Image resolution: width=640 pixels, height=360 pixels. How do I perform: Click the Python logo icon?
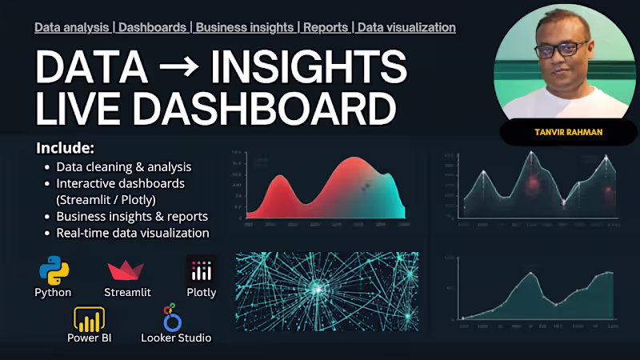53,270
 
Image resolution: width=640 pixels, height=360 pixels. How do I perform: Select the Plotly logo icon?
201,270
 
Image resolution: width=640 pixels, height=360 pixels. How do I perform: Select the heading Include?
65,148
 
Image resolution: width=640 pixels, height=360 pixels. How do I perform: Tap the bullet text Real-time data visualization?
133,233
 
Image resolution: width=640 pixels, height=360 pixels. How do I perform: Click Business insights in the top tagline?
245,27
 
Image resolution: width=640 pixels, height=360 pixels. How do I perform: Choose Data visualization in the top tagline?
406,27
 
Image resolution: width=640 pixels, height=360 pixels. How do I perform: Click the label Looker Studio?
176,338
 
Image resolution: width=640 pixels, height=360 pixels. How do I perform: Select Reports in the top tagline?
326,27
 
